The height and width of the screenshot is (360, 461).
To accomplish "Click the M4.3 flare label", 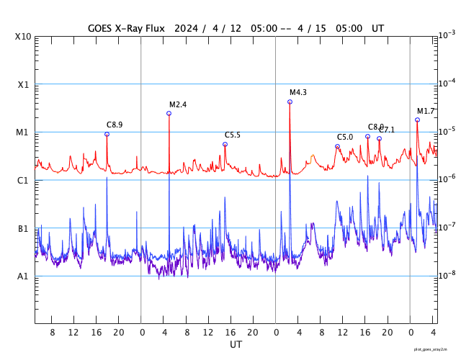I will (x=298, y=93).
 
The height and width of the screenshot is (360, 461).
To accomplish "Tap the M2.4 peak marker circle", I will (x=169, y=113).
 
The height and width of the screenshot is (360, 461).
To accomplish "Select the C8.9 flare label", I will (x=115, y=125).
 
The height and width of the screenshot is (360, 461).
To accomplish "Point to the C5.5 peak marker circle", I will (x=225, y=144).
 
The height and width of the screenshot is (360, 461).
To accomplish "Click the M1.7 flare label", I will (x=426, y=111).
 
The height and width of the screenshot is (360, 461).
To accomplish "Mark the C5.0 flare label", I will (x=345, y=138).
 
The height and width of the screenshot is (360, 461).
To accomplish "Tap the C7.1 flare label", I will (x=388, y=130).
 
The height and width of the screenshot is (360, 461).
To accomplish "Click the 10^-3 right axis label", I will (x=447, y=35).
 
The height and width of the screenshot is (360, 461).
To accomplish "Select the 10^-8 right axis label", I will (x=447, y=274).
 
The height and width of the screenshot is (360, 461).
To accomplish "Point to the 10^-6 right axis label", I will (x=447, y=179).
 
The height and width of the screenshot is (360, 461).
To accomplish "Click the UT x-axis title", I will (x=236, y=345).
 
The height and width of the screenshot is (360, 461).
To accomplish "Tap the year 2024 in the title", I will (x=186, y=28).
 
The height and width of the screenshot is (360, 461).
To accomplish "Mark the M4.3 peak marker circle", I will (x=290, y=102).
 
